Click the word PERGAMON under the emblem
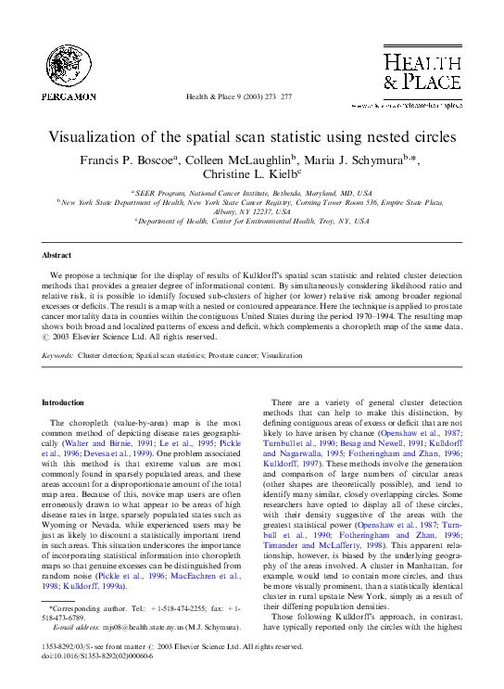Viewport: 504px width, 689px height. [67, 96]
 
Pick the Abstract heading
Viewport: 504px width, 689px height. [57, 254]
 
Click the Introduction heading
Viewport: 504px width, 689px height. [64, 402]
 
